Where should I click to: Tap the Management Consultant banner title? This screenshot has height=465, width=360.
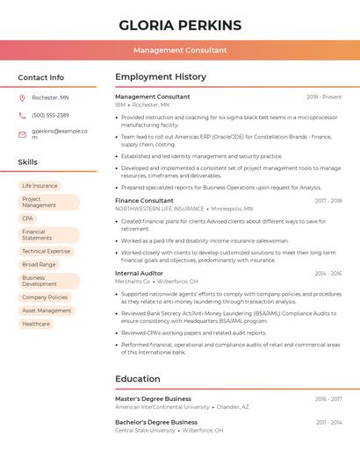(x=180, y=51)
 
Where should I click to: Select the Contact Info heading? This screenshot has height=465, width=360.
(x=40, y=77)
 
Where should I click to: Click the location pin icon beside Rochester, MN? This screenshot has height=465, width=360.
(x=22, y=97)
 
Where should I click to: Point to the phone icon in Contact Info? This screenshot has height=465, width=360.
(x=22, y=116)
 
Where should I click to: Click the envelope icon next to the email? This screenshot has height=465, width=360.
(x=22, y=134)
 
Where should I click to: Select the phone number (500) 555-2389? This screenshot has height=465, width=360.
(x=50, y=116)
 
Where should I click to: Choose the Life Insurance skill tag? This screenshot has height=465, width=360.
(x=40, y=186)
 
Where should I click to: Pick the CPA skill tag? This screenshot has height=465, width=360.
(x=28, y=218)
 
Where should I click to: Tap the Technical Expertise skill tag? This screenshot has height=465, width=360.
(x=46, y=251)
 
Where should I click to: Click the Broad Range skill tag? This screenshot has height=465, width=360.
(x=39, y=264)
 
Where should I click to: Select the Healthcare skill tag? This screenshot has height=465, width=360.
(x=36, y=324)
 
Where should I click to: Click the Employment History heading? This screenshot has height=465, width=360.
(x=161, y=77)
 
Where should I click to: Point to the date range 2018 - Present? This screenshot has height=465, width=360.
(x=324, y=97)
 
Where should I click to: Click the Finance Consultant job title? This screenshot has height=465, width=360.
(x=144, y=201)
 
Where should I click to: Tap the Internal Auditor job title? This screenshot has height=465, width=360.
(x=139, y=273)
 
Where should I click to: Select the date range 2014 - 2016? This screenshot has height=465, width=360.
(x=328, y=273)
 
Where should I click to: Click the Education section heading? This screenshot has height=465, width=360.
(x=138, y=379)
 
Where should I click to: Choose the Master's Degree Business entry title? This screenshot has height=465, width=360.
(x=153, y=398)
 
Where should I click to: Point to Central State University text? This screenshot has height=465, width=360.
(x=145, y=431)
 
